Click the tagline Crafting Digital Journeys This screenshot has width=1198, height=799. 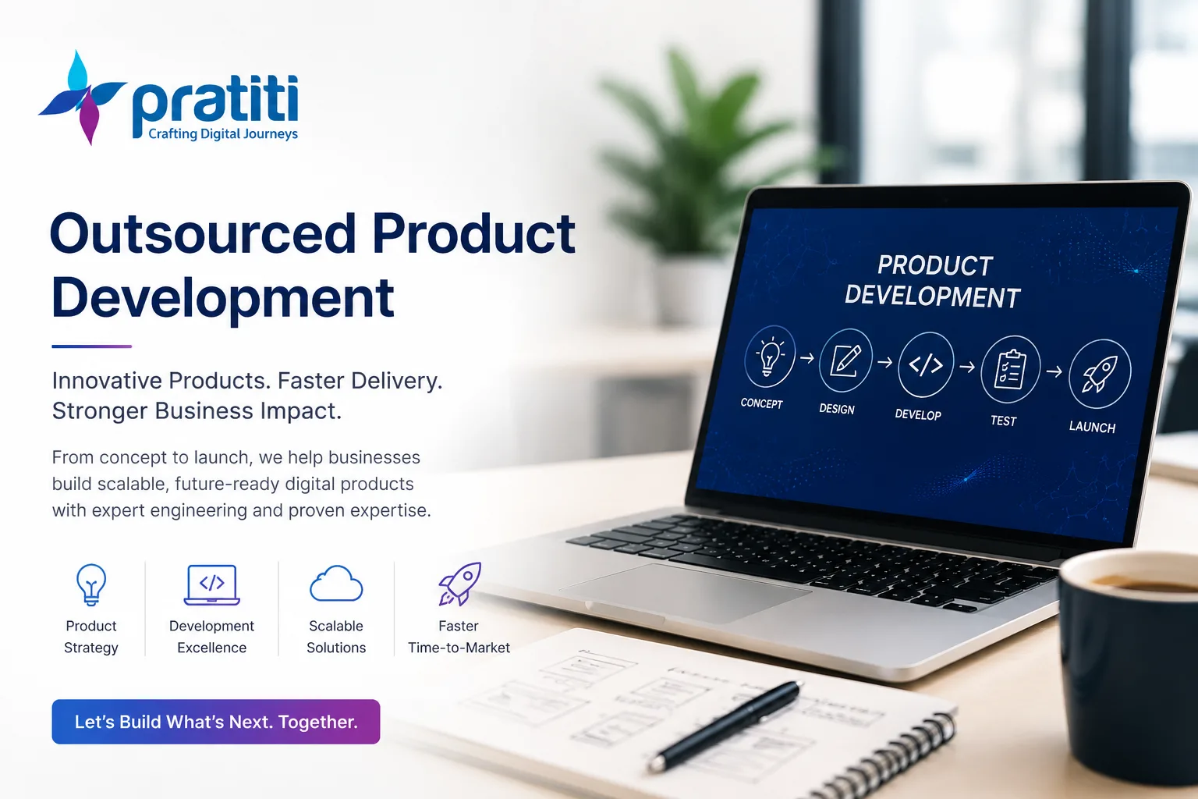tap(223, 133)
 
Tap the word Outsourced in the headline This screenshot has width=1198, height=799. tap(203, 234)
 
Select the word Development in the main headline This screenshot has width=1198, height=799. tap(223, 299)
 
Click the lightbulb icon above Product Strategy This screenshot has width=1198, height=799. tap(91, 584)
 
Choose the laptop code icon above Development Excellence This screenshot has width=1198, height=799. tap(212, 584)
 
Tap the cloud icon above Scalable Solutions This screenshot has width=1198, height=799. tap(336, 584)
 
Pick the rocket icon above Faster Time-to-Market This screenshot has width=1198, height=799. tap(459, 584)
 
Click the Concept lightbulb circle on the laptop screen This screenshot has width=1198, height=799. tap(770, 356)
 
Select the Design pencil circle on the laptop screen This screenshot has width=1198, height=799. tap(845, 360)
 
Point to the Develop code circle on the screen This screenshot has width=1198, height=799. tap(925, 364)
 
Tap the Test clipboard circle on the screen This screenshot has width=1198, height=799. tap(1010, 369)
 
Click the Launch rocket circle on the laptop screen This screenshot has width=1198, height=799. tap(1100, 373)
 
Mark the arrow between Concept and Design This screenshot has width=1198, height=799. tap(807, 358)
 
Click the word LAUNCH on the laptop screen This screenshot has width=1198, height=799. tap(1092, 427)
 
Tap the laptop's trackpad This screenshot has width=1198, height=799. tap(685, 591)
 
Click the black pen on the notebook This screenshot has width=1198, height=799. tap(725, 725)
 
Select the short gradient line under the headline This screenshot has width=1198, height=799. tap(91, 346)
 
